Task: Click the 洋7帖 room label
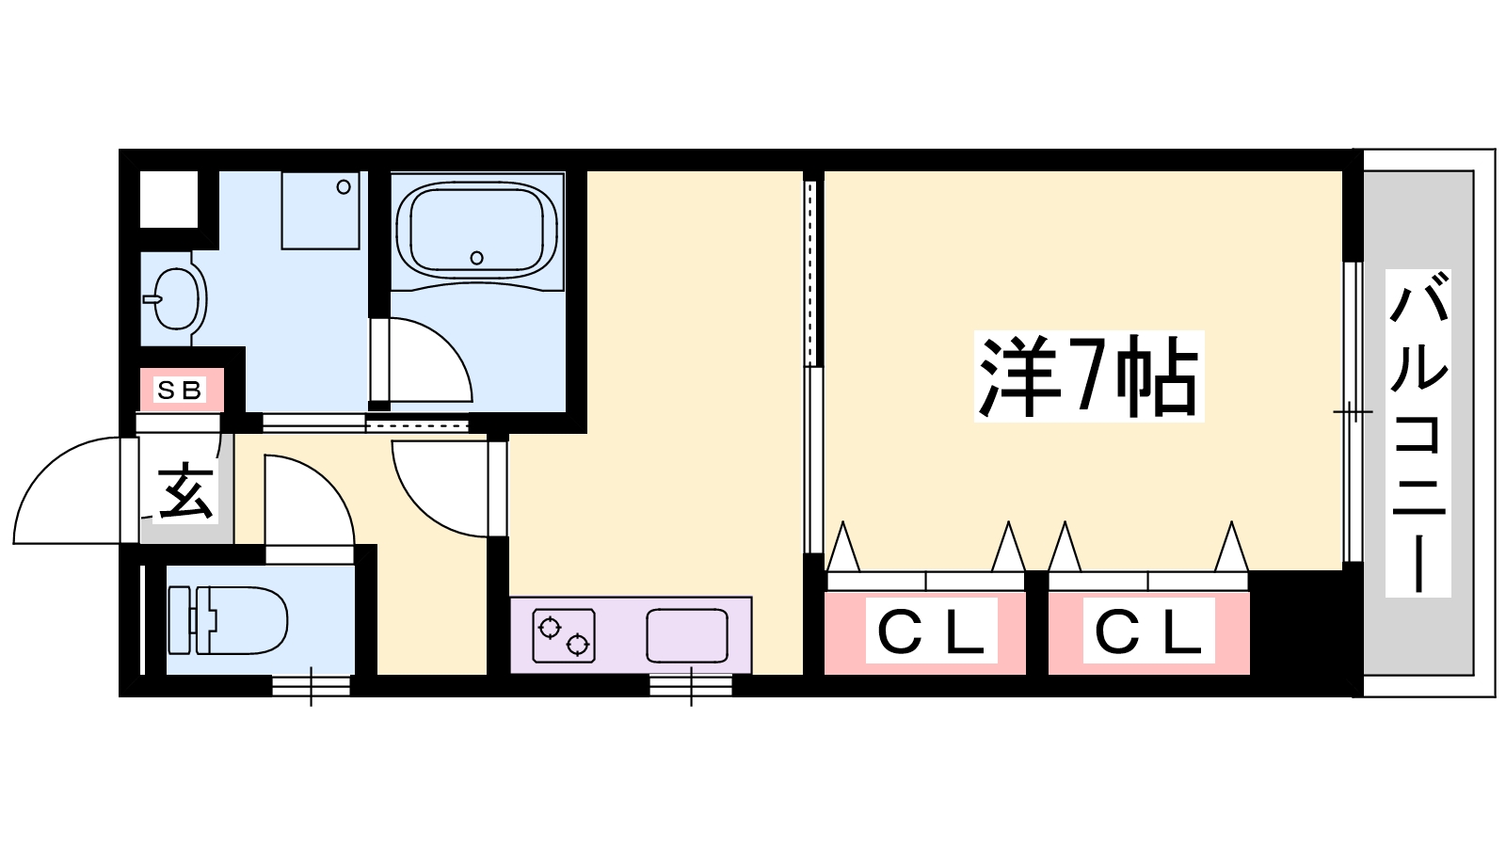[x=1089, y=376]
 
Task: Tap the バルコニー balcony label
[x=1418, y=433]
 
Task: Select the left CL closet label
[x=931, y=631]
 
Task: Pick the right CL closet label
[x=1148, y=631]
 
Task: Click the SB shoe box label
[x=180, y=390]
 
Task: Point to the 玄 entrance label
[x=185, y=491]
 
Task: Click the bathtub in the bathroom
[x=476, y=229]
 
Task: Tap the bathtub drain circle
[x=476, y=258]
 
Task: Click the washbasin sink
[x=177, y=298]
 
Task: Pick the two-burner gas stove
[x=564, y=635]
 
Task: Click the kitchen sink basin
[x=687, y=635]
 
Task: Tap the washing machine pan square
[x=320, y=210]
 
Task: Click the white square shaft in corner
[x=169, y=199]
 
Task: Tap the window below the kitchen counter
[x=691, y=686]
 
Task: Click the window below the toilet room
[x=312, y=686]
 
